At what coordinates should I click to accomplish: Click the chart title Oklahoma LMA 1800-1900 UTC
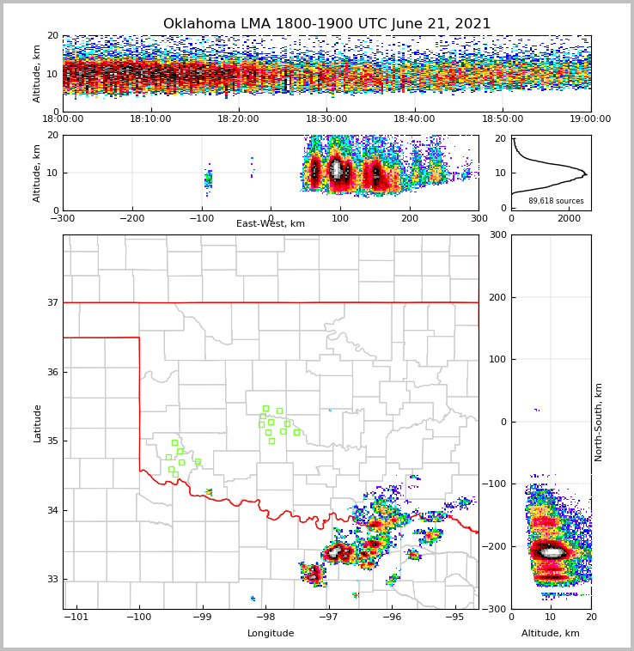click(x=326, y=24)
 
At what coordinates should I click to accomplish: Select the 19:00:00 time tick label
click(x=590, y=119)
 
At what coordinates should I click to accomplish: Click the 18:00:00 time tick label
click(x=63, y=119)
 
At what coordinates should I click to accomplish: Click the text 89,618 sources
click(x=556, y=201)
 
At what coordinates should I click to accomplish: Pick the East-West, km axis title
click(x=271, y=224)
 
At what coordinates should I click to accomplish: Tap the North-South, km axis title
click(x=600, y=422)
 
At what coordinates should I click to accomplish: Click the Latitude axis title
click(x=37, y=423)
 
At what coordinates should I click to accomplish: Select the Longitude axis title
click(x=271, y=634)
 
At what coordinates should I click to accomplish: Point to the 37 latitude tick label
click(x=52, y=302)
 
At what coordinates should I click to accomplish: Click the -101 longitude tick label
click(x=76, y=617)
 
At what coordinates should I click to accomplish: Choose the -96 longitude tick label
click(x=391, y=617)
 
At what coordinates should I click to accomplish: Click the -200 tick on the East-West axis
click(x=131, y=218)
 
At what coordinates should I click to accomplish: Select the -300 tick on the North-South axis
click(x=494, y=609)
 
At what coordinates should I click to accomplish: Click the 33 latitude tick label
click(x=52, y=579)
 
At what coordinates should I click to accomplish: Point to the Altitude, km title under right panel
click(x=551, y=634)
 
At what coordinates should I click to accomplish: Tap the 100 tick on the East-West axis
click(x=340, y=218)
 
